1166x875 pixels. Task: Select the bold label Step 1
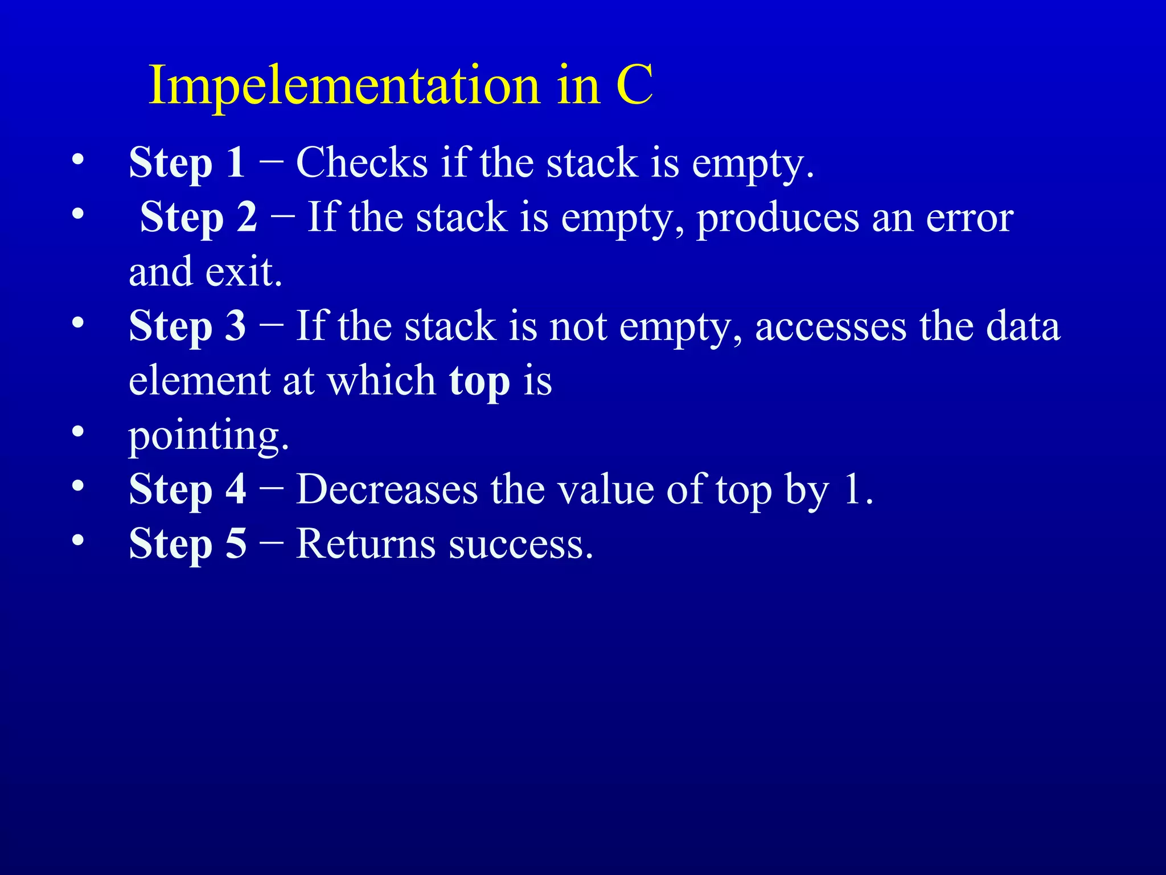(187, 163)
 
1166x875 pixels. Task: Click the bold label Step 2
(199, 218)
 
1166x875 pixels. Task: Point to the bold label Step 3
(187, 326)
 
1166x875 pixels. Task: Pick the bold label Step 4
(187, 489)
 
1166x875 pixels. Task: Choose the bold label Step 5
(187, 543)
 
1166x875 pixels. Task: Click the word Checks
(362, 163)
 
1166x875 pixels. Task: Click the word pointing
(208, 436)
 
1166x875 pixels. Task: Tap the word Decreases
(387, 489)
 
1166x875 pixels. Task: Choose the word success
(521, 545)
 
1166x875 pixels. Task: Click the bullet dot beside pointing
(78, 431)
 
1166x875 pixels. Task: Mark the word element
(199, 381)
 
